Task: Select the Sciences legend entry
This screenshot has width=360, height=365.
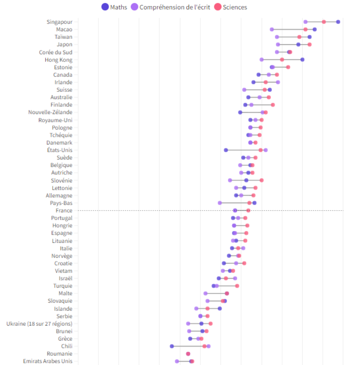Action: click(231, 7)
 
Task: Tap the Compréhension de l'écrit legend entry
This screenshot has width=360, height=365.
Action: click(171, 7)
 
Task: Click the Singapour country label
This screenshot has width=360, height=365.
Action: click(59, 22)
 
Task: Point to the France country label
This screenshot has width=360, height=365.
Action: click(64, 211)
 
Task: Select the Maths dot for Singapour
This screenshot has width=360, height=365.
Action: click(338, 22)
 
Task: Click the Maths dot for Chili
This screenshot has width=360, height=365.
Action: click(172, 346)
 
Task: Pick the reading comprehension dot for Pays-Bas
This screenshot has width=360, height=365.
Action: click(220, 203)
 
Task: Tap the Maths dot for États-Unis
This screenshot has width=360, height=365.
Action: click(226, 150)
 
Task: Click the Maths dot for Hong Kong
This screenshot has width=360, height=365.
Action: click(302, 59)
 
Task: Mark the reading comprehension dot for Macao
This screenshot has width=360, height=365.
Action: click(272, 29)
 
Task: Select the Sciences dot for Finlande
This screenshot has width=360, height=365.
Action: click(273, 105)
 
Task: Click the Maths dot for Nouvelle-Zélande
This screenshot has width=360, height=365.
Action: click(240, 112)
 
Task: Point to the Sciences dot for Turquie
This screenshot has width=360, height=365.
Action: click(237, 286)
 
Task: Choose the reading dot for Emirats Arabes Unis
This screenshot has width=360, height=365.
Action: click(177, 361)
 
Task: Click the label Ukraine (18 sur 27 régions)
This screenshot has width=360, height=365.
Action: click(39, 324)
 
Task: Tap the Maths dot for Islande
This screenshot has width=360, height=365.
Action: click(220, 309)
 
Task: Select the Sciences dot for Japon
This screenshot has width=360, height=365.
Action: click(310, 44)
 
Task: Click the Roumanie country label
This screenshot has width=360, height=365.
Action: click(59, 354)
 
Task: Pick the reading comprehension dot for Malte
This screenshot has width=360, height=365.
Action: click(206, 294)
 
